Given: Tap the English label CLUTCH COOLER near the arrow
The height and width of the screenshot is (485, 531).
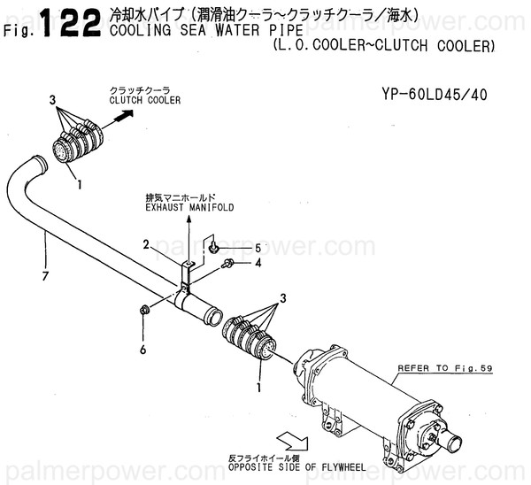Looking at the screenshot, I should [x=144, y=101].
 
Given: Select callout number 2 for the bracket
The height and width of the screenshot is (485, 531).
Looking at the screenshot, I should [x=145, y=243].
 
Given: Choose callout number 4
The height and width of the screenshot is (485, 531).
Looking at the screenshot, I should [x=258, y=262].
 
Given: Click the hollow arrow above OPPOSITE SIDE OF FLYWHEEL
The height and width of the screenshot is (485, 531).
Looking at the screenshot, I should [x=292, y=440].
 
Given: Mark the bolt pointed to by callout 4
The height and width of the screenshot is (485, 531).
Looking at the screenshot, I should [x=228, y=263].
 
